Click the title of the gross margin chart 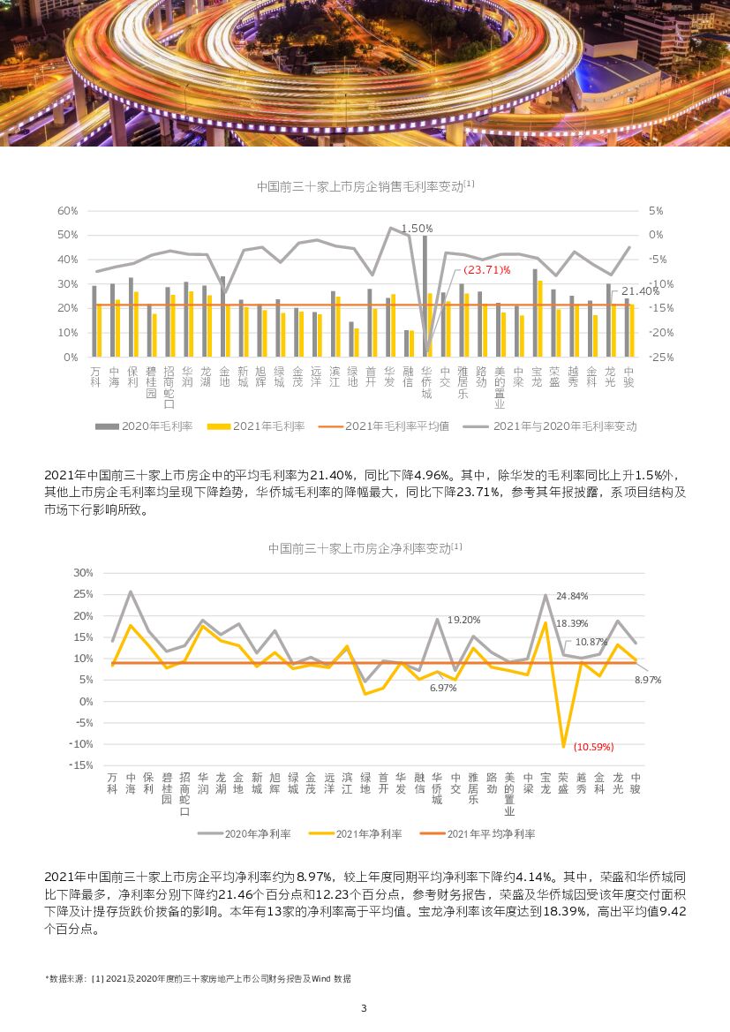(365, 186)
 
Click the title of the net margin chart (365, 548)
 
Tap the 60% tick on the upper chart (68, 211)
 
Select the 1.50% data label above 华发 (417, 228)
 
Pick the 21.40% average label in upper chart (640, 291)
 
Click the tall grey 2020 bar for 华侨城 (425, 291)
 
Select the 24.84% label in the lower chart (572, 596)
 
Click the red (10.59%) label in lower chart (593, 746)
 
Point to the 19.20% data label (464, 620)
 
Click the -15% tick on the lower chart (81, 765)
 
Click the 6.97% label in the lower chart (443, 688)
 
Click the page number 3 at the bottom (364, 1008)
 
